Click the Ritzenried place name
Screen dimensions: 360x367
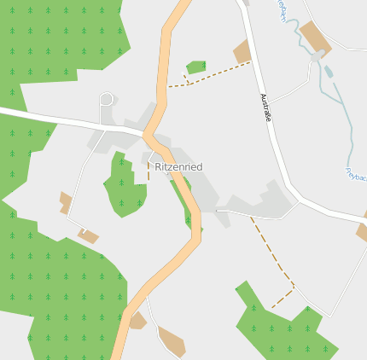178,167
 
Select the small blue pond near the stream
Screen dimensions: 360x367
328,71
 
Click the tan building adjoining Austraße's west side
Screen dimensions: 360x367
242,52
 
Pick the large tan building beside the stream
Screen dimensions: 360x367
315,38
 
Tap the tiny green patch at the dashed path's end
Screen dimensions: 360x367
196,67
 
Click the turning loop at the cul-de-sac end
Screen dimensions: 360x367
107,99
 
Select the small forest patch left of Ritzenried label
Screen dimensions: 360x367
123,185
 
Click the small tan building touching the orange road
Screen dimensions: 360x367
137,321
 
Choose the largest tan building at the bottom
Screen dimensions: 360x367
172,340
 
